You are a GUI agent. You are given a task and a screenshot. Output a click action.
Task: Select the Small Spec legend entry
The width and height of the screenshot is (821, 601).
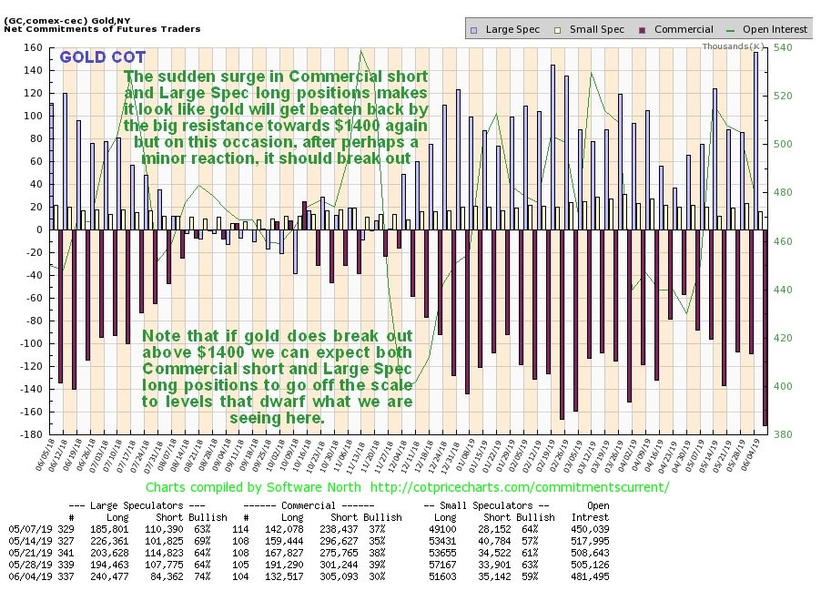point(596,29)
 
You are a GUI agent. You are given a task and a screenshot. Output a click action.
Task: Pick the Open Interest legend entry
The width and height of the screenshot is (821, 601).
point(769,29)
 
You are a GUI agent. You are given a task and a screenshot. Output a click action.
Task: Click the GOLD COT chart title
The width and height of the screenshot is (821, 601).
point(102,57)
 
